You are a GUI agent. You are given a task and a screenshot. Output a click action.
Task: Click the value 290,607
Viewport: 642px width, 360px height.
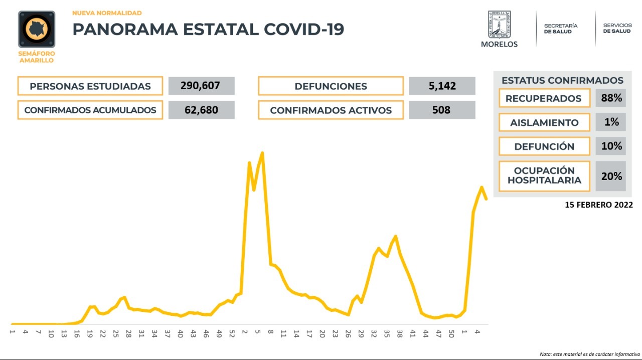[x=201, y=86]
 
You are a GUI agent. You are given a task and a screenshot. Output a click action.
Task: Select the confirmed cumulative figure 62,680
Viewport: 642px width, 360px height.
[x=201, y=110]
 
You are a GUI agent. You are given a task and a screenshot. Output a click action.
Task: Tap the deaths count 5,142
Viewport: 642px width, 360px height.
[x=442, y=86]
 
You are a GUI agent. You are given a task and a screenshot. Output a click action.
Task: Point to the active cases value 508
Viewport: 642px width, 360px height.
[x=442, y=110]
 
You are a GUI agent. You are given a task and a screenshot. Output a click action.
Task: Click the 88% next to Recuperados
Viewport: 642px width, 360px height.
[x=611, y=98]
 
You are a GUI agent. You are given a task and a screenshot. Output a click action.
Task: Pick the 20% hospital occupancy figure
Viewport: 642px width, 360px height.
[x=611, y=176]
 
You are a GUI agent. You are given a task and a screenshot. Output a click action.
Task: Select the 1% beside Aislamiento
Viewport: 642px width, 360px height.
[x=611, y=122]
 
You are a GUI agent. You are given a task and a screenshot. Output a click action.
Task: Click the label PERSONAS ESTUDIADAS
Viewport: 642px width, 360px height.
[x=90, y=86]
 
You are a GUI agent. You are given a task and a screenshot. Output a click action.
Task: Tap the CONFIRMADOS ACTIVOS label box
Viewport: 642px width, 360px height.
[x=331, y=110]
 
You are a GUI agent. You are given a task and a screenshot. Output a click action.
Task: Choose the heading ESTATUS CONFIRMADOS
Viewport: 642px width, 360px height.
[x=562, y=80]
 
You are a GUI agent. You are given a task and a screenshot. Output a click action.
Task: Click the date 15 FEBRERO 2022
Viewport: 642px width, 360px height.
[x=598, y=205]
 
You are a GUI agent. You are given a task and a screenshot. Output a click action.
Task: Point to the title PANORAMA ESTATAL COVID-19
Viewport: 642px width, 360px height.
[x=208, y=29]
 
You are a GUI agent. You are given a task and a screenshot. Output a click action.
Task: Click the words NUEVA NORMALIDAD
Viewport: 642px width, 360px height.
[x=107, y=13]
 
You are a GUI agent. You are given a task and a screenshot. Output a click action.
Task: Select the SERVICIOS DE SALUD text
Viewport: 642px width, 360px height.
[x=617, y=28]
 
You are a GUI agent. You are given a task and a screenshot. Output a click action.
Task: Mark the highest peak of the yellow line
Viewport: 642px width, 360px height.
[x=262, y=153]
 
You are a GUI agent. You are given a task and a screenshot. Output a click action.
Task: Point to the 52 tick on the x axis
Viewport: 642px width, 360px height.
[x=232, y=333]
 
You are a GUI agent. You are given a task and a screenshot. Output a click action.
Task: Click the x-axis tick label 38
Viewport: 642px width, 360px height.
[x=400, y=333]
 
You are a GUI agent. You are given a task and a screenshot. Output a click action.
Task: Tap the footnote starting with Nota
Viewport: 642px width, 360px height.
[x=590, y=354]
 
